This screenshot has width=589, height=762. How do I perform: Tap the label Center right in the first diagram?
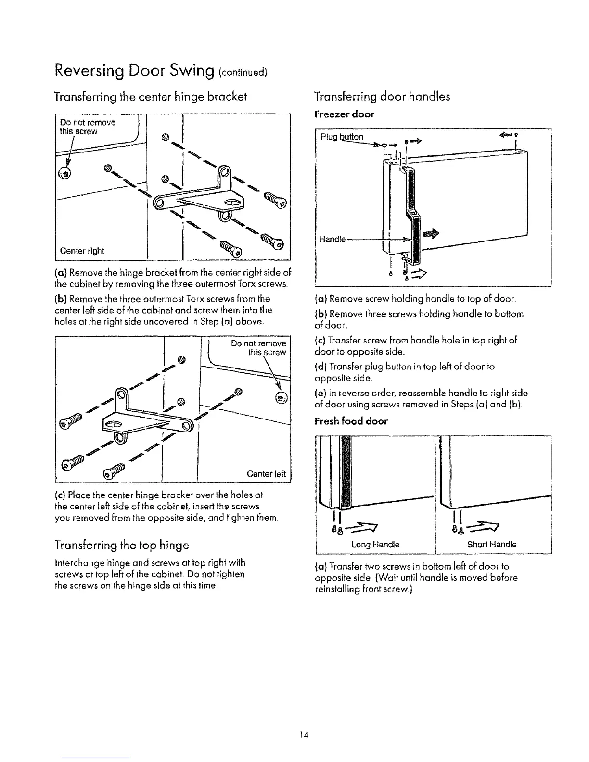pos(82,251)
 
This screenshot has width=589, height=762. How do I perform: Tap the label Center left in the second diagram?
pos(266,474)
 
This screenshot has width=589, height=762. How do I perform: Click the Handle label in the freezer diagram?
pos(333,239)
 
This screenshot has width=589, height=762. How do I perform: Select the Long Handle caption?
pos(376,545)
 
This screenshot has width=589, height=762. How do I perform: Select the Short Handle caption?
pos(492,545)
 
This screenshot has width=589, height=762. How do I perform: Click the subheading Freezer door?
pos(344,114)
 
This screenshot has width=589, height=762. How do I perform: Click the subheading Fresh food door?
pos(351,421)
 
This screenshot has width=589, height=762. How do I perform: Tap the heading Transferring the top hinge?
pos(122,545)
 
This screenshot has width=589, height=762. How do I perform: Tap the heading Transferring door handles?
pos(382,96)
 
